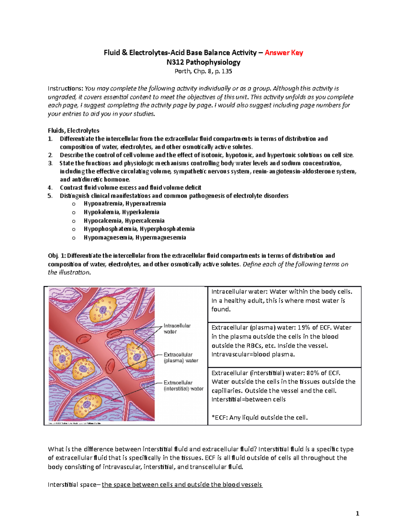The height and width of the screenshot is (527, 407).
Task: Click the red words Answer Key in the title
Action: pos(284,53)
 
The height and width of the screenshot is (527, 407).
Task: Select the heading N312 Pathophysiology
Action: pos(203,62)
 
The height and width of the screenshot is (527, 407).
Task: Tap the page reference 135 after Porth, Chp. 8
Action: pos(227,71)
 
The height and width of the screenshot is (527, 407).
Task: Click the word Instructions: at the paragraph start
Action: pos(65,89)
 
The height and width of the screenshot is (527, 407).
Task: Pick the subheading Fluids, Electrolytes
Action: pos(74,131)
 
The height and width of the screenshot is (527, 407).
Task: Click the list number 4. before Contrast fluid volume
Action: pos(50,188)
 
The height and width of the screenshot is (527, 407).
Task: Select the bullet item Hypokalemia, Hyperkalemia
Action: pos(121,212)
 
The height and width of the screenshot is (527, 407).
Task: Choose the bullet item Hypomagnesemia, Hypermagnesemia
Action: pos(135,238)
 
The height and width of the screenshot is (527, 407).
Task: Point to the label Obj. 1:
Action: pos(57,256)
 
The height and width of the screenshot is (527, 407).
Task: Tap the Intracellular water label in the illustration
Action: pos(177,328)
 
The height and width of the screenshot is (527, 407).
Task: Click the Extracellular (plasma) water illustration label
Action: pos(180,357)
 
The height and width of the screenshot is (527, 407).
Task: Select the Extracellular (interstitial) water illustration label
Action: pos(183,385)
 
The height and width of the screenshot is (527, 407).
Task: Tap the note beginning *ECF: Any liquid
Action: pos(259,417)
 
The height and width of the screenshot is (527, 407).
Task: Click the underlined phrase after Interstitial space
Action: pos(182,485)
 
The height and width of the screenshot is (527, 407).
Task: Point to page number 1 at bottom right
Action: pos(357,513)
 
